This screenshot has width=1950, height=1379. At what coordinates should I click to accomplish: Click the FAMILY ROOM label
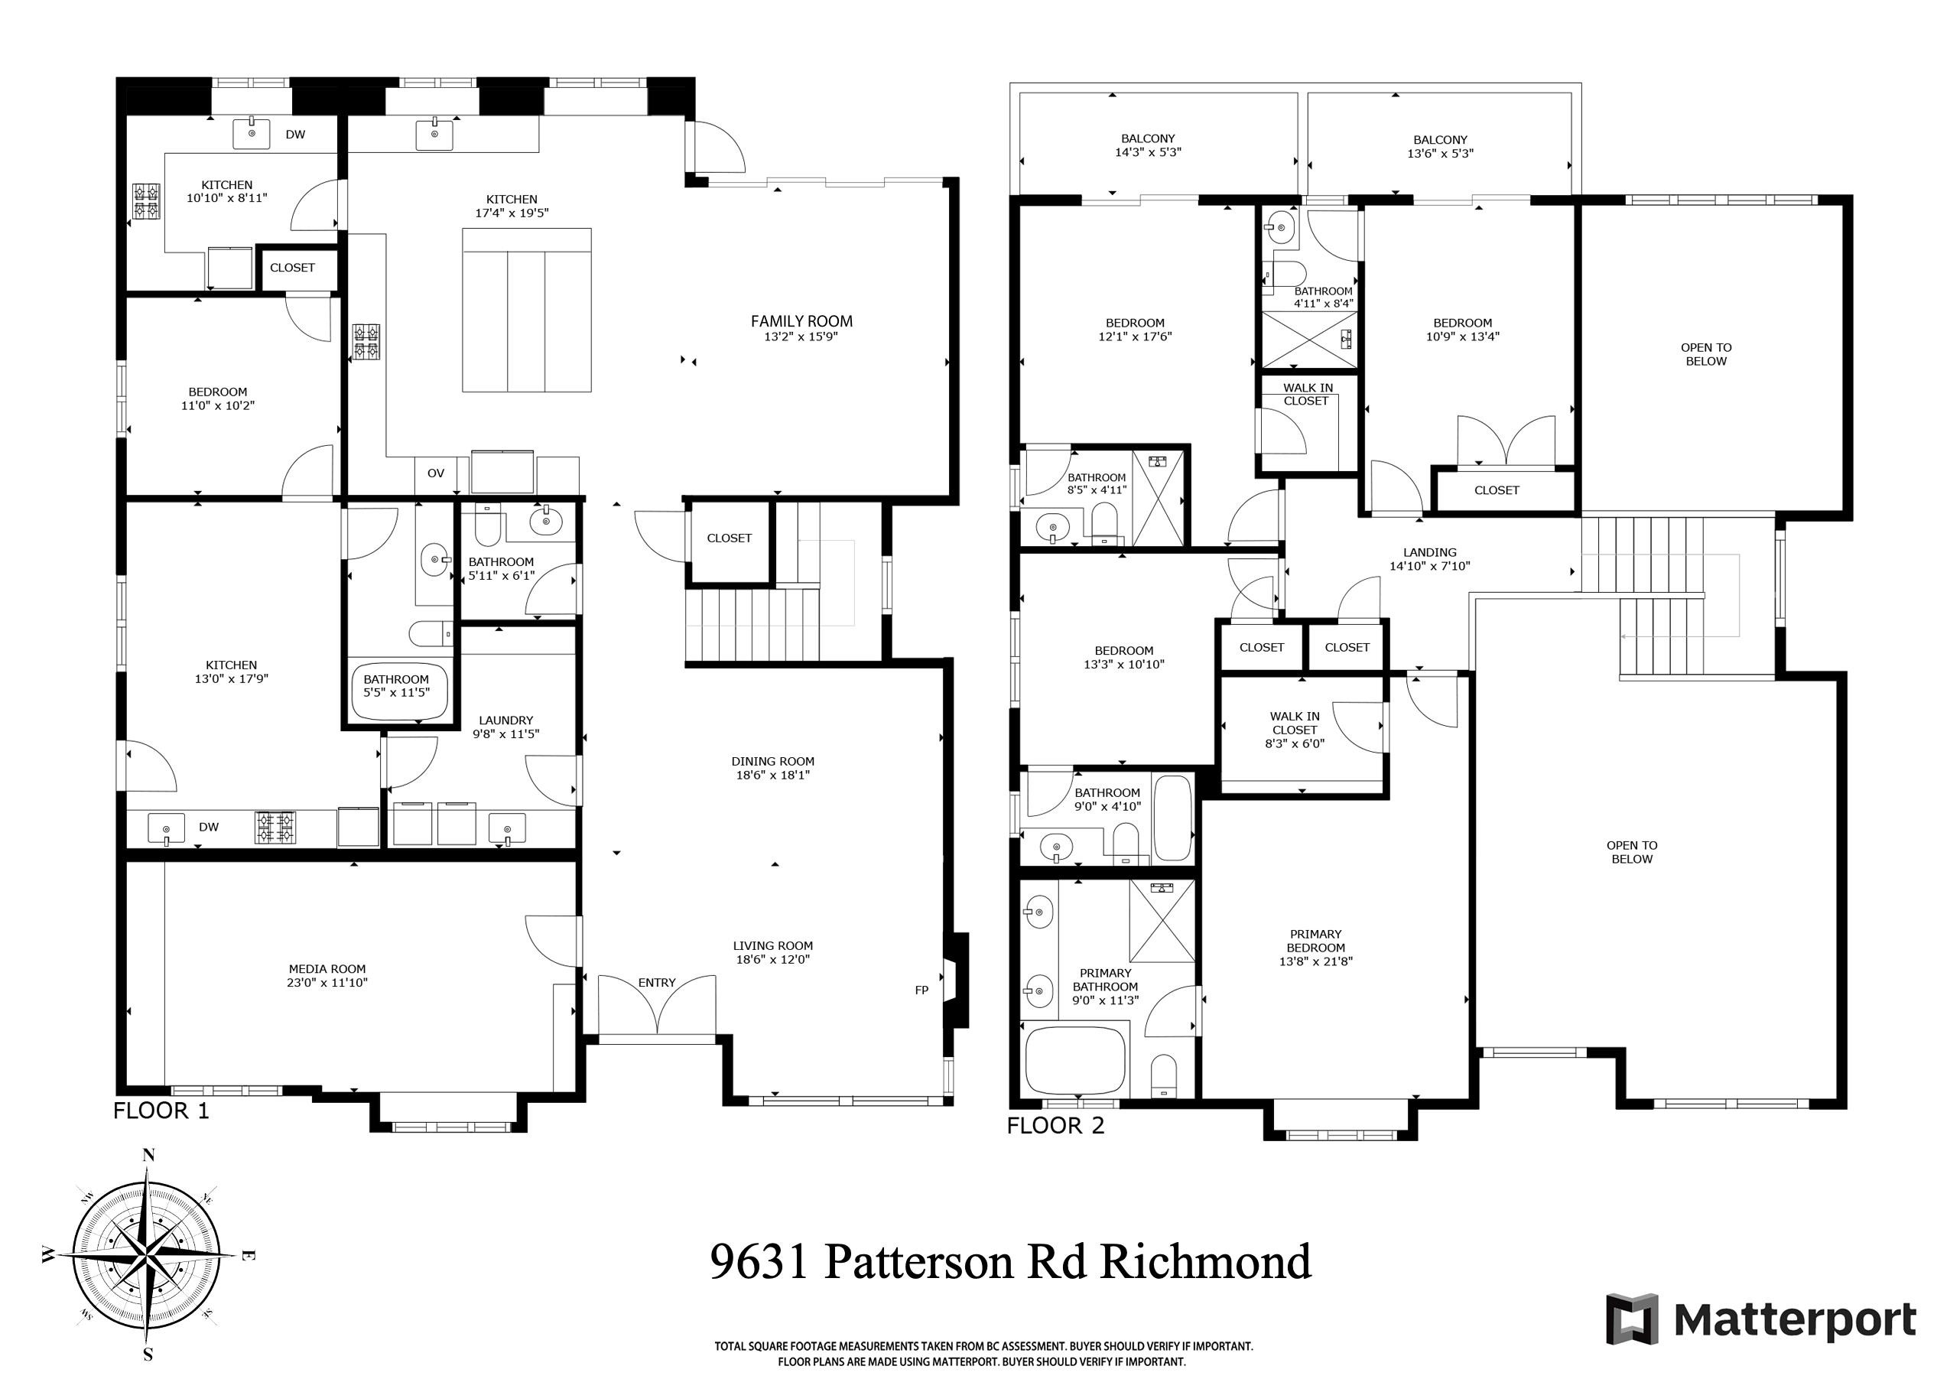[x=801, y=321]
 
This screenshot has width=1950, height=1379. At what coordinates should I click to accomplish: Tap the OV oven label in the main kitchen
[x=436, y=473]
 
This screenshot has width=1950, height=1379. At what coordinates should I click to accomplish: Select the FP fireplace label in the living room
[x=921, y=990]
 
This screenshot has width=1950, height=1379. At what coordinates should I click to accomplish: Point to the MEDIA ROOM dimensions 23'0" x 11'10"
[x=327, y=983]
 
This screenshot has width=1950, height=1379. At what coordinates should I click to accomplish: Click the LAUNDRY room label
[x=506, y=720]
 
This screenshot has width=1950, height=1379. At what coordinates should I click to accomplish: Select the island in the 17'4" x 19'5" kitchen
[x=527, y=310]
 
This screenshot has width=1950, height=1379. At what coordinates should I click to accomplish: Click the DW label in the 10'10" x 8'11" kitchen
[x=294, y=135]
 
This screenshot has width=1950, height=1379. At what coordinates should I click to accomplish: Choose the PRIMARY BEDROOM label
[x=1315, y=941]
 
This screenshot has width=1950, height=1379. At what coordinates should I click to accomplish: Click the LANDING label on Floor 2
[x=1429, y=552]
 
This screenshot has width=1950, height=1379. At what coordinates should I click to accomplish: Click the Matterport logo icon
[x=1632, y=1319]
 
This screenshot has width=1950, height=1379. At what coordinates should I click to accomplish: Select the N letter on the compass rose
[x=148, y=1155]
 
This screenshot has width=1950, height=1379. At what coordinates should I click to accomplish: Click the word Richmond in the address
[x=1206, y=1262]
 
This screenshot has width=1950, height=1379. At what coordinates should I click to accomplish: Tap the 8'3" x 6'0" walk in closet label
[x=1295, y=730]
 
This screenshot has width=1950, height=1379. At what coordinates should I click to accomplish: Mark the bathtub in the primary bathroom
[x=1075, y=1062]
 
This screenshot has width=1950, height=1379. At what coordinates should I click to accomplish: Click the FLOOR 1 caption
[x=161, y=1111]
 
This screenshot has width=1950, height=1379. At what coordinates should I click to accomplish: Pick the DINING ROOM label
[x=772, y=761]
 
